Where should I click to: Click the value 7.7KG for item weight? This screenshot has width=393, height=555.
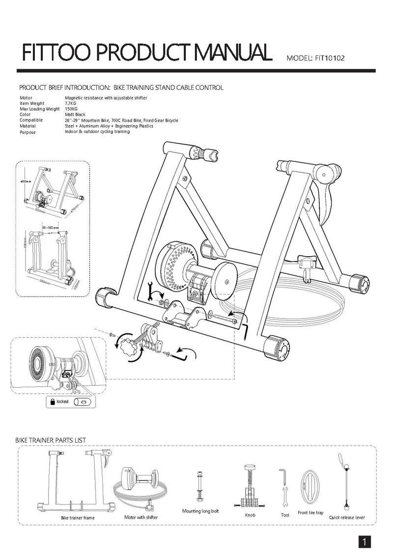pos(71,104)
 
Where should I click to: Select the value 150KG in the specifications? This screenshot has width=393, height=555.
pos(72,109)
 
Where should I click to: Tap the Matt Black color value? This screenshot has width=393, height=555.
pos(75,114)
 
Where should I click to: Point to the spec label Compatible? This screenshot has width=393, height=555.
pos(31,120)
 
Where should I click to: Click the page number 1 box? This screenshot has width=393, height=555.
pos(364,542)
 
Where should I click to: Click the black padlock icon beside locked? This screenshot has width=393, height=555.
pos(51,401)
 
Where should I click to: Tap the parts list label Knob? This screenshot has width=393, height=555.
pos(250,515)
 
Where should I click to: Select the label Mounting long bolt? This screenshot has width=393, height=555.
pos(200,511)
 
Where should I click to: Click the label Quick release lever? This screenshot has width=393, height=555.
pos(347,517)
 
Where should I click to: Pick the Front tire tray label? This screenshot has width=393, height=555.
pos(310,513)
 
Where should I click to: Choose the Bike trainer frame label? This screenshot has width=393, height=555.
pos(78,518)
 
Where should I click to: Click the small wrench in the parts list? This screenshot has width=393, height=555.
pos(284,498)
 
